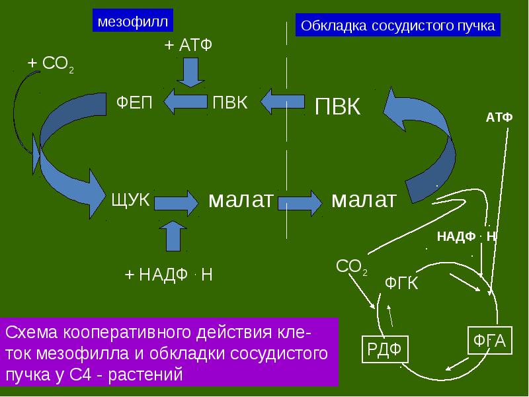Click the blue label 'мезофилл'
133,21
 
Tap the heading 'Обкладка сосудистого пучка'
398,25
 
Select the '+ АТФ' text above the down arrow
188,44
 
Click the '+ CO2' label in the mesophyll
51,64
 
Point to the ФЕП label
134,102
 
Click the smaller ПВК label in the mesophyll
230,102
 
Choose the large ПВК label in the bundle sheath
337,107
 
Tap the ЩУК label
130,199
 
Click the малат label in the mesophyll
241,200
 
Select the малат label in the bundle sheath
364,200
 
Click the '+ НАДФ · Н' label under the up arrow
169,275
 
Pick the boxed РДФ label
385,349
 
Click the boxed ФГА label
490,341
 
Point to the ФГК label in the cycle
401,283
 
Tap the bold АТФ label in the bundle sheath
499,117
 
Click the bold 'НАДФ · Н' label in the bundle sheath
466,236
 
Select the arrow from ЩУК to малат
176,203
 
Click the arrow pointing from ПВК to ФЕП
186,102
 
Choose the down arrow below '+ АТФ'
190,73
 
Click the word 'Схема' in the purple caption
32,333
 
